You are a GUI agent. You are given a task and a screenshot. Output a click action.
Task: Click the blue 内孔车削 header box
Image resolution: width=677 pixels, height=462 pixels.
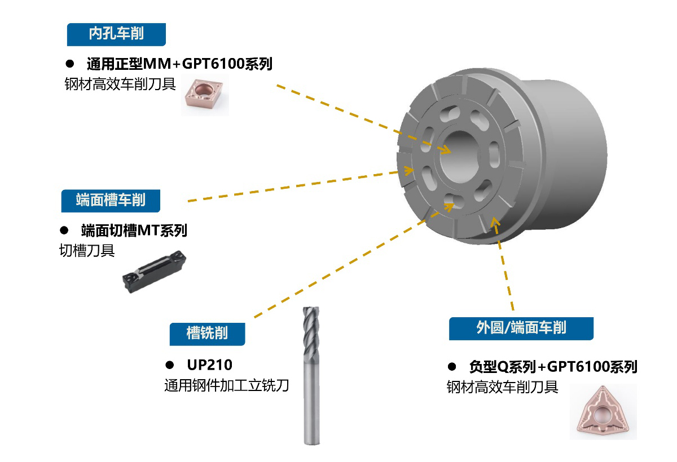point(116,34)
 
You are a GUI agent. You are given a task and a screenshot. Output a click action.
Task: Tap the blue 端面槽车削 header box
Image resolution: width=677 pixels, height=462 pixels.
point(111,201)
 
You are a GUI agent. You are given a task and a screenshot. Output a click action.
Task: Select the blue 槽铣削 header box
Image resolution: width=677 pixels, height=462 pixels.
point(208,334)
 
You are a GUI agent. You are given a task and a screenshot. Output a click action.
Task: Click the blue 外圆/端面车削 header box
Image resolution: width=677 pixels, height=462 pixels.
point(521,328)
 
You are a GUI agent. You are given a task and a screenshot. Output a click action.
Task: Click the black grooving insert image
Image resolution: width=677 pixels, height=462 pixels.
point(154,272)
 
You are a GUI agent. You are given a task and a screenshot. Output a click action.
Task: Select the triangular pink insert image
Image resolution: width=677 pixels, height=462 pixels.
point(603,412)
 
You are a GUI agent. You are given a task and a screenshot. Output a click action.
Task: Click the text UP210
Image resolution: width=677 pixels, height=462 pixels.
point(210,365)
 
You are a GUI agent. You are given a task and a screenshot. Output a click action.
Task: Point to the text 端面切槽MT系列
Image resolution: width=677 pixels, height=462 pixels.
point(134,231)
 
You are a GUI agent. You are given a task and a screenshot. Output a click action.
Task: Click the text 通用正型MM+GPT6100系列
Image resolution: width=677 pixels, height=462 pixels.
point(179,64)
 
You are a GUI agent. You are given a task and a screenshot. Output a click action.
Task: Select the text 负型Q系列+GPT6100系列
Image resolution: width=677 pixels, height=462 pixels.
point(553,367)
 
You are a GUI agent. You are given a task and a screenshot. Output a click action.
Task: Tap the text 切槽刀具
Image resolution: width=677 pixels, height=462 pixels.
point(87,251)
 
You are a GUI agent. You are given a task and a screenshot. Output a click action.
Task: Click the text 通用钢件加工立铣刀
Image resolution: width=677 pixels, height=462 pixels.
point(227,385)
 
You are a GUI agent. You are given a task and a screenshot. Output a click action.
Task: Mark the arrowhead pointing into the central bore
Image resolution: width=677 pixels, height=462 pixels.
point(446,149)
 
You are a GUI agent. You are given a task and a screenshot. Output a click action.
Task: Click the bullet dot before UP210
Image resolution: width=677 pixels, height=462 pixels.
point(170,366)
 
